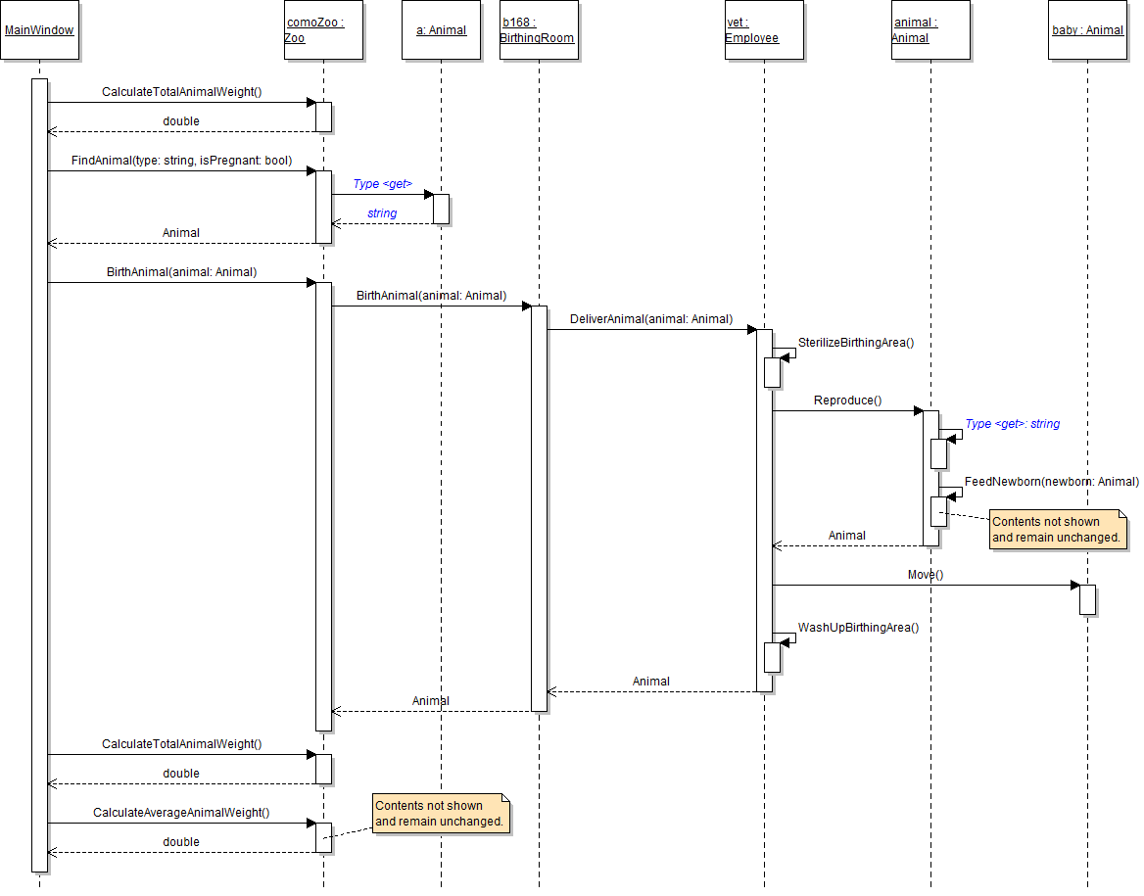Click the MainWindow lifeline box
click(39, 30)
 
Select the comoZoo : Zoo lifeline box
click(323, 30)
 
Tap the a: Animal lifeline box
click(441, 30)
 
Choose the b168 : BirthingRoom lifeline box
click(539, 30)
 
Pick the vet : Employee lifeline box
click(764, 30)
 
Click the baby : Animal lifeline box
click(1087, 30)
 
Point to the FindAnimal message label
click(181, 161)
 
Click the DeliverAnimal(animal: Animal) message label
click(651, 319)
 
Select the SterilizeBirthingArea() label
click(855, 343)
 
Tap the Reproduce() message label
click(847, 401)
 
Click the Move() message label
click(925, 575)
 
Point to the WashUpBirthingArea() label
click(858, 628)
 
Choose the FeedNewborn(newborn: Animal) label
click(1052, 482)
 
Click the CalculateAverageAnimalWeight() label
click(181, 813)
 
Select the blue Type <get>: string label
click(1013, 425)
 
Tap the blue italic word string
click(382, 213)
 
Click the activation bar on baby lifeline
click(1087, 599)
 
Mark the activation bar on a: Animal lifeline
click(441, 209)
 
